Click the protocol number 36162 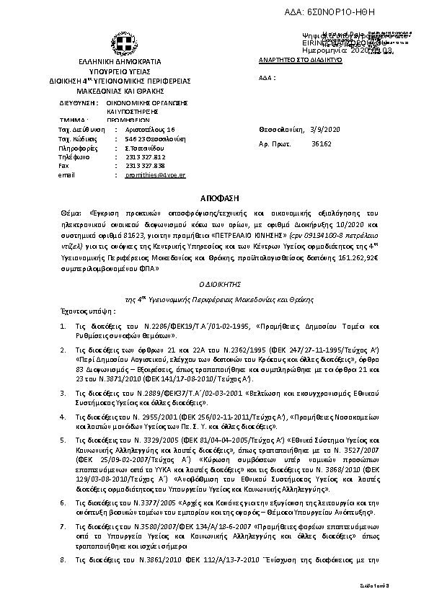tap(321, 144)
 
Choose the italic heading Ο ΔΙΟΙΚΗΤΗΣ tap(214, 285)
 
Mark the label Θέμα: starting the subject tap(71, 213)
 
